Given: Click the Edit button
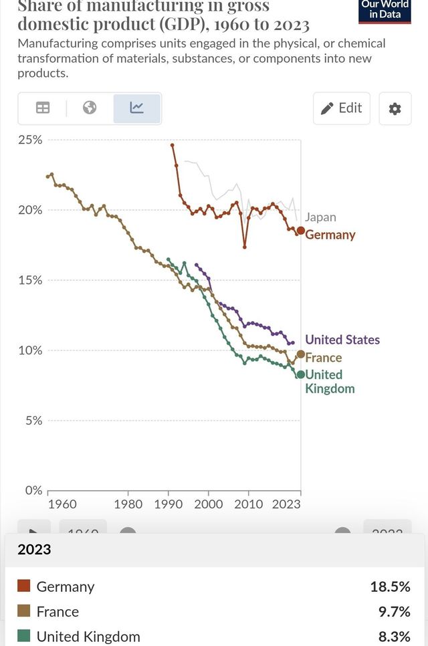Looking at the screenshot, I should coord(342,108).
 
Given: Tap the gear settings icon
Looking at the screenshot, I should coord(395,108).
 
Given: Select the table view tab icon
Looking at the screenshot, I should coord(43,108).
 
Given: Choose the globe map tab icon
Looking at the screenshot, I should coord(90,108).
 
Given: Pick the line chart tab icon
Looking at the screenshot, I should coord(136,108).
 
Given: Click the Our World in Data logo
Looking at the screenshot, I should coord(385,10).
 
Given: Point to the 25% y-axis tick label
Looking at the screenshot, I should coord(31,140).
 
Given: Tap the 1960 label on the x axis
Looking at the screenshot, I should coord(62,504).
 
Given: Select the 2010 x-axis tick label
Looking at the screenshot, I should coord(248,504).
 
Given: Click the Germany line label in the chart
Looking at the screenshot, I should coord(330,235).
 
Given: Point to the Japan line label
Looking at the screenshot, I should coord(320,217).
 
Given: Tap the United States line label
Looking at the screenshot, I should coord(342,340).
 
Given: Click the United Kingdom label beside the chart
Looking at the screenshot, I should coord(329,381).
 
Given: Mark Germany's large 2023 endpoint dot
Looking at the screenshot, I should coord(301,231).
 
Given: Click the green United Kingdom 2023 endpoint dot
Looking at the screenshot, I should coord(301,374).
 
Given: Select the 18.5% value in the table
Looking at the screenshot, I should coord(390,586).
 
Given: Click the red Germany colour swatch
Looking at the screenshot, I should coord(24,586).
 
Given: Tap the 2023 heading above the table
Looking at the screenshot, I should coord(34,550).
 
